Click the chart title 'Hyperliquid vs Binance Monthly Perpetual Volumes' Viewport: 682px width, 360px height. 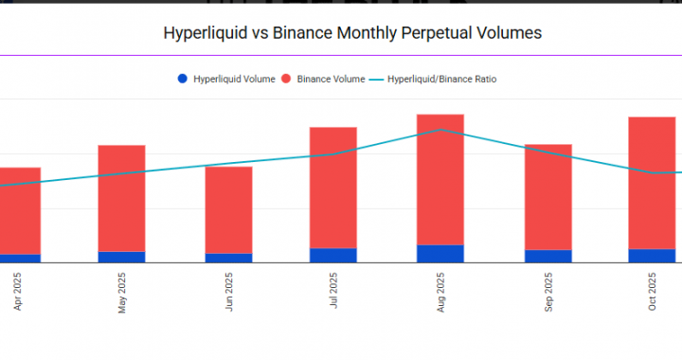(x=352, y=33)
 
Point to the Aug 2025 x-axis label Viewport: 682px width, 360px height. (x=440, y=292)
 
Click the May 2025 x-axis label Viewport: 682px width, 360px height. (x=122, y=292)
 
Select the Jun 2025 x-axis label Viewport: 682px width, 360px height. (x=228, y=292)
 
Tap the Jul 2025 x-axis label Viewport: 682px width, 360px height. (x=333, y=292)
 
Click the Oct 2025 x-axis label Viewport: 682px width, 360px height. (x=653, y=292)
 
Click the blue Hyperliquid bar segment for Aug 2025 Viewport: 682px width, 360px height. (x=440, y=253)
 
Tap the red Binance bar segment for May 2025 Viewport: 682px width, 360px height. (x=122, y=198)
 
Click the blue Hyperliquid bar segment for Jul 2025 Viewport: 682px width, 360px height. (x=333, y=255)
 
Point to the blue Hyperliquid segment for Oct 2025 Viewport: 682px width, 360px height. (x=653, y=256)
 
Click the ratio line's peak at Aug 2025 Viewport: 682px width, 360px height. (x=440, y=130)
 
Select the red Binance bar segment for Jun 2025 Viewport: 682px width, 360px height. (x=228, y=209)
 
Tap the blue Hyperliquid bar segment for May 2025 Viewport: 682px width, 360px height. (x=122, y=257)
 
